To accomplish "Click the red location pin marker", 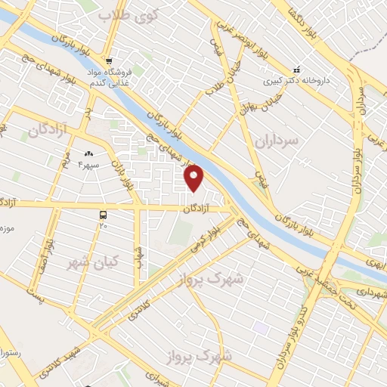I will [x=195, y=178].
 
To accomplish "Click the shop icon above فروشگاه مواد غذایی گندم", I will [x=110, y=61].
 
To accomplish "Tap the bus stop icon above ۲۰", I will [x=104, y=215].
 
